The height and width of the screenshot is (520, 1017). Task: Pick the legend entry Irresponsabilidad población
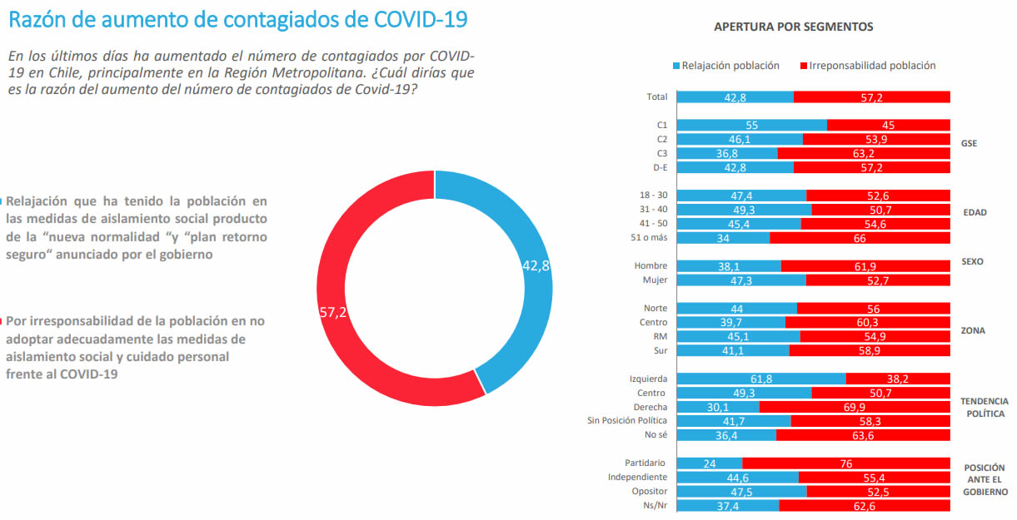866,65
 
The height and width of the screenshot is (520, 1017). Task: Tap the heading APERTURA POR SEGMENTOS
793,27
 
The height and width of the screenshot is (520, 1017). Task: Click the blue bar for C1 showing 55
751,125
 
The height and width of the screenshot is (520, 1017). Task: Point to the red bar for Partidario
846,463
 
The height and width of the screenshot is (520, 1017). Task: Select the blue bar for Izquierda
761,379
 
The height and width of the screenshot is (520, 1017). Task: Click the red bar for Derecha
855,407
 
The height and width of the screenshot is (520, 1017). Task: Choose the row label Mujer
656,280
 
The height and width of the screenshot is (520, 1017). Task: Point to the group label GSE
969,143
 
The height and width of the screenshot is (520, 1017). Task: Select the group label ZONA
972,330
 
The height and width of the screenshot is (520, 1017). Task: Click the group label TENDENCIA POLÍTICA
984,407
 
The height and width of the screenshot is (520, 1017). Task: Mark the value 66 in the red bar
860,238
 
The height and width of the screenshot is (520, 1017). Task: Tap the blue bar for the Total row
735,97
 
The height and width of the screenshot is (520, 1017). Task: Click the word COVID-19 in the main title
408,19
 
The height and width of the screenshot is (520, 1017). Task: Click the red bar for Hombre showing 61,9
865,266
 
